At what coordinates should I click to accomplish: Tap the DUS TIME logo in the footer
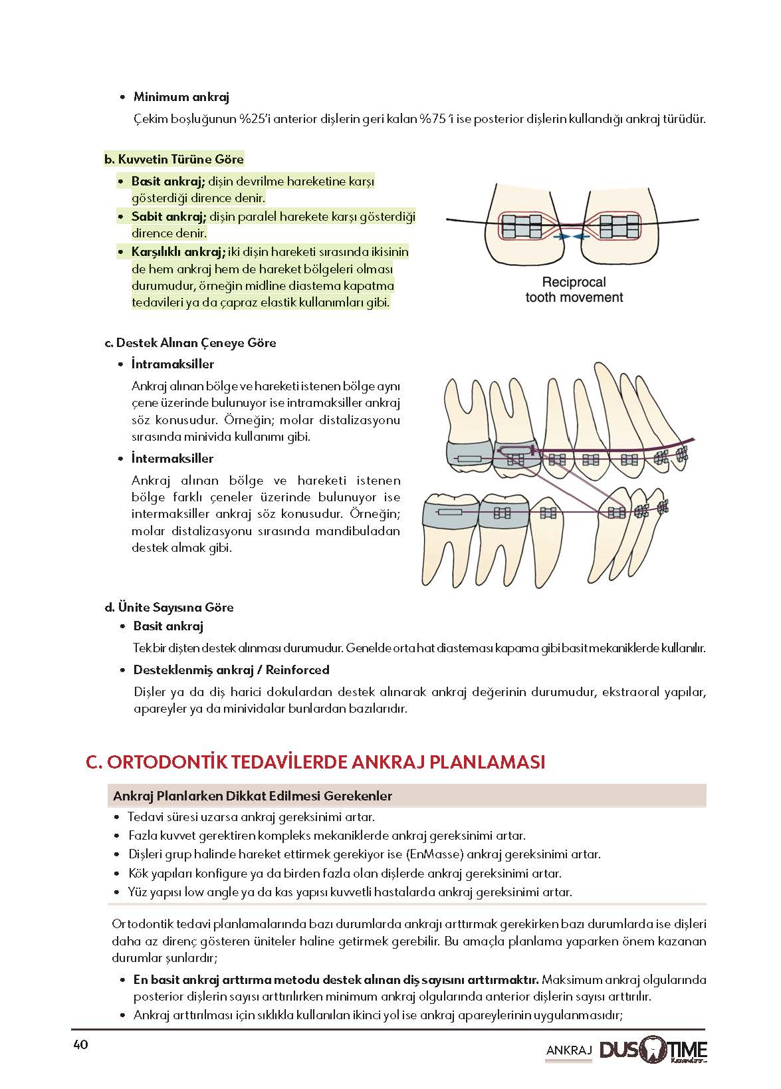click(653, 1050)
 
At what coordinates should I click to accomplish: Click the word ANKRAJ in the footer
click(568, 1050)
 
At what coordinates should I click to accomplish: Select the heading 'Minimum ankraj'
click(181, 97)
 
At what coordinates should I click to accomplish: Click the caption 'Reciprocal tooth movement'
click(574, 290)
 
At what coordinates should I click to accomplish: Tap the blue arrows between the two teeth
click(571, 236)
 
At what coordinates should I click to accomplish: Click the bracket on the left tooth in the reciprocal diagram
click(522, 226)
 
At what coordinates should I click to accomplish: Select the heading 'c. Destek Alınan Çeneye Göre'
click(190, 343)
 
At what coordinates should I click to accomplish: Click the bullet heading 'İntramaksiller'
click(173, 364)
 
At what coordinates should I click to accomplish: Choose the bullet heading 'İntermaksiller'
click(173, 459)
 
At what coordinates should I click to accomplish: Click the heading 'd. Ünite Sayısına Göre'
click(169, 608)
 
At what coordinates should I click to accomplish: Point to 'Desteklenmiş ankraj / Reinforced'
click(231, 670)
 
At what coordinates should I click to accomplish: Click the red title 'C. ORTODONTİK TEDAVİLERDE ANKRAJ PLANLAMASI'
click(316, 762)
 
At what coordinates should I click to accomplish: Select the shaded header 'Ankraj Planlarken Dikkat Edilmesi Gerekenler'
click(253, 796)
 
